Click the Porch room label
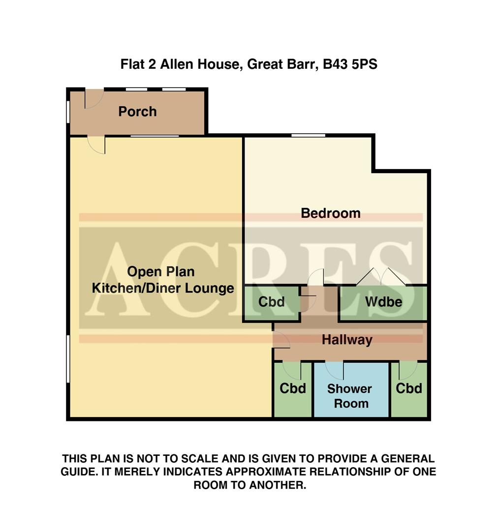click(x=137, y=112)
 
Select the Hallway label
click(x=347, y=340)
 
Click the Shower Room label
click(x=349, y=396)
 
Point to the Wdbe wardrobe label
click(x=383, y=302)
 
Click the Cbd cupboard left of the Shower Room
click(x=293, y=388)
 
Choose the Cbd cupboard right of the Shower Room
click(x=409, y=388)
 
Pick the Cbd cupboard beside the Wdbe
click(x=272, y=302)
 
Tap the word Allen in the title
click(x=179, y=64)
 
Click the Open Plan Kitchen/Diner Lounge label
click(x=163, y=280)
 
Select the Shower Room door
click(x=335, y=370)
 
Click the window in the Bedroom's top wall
click(x=308, y=135)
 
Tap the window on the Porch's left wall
click(x=68, y=111)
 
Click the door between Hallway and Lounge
click(x=281, y=340)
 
